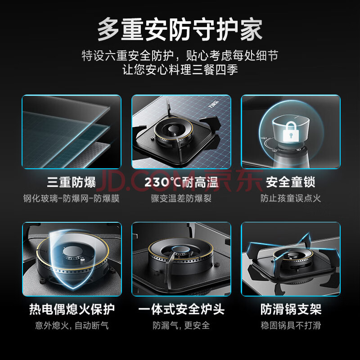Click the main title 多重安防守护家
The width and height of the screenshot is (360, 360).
[x=180, y=30]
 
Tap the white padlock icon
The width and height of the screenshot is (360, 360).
[x=291, y=131]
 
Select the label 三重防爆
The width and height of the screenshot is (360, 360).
[x=72, y=182]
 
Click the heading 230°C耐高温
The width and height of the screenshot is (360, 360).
[x=181, y=183]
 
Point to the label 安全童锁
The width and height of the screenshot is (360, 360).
[x=290, y=182]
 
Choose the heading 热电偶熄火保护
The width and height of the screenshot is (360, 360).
[x=72, y=309]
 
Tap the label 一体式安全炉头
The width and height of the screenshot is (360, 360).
[x=181, y=309]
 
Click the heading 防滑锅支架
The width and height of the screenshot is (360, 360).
[x=291, y=309]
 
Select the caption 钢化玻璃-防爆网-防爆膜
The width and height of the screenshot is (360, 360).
[x=72, y=198]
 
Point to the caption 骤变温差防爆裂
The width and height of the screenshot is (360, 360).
[x=181, y=198]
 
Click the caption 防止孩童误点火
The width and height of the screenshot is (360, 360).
[x=290, y=198]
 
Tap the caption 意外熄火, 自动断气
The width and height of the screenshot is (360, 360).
[x=72, y=325]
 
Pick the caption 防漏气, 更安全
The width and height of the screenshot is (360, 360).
[x=181, y=325]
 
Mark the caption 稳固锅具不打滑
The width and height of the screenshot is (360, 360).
[x=291, y=325]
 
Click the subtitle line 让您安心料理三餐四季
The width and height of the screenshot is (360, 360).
[x=180, y=70]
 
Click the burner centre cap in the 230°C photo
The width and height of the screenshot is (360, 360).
[x=173, y=129]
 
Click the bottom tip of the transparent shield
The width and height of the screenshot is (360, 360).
[x=73, y=288]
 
